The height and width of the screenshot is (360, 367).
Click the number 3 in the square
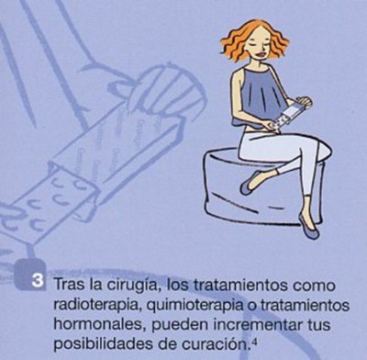38,281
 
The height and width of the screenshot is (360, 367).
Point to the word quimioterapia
194,306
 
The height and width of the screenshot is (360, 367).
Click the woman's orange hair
254,39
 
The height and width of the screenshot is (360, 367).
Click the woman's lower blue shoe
309,227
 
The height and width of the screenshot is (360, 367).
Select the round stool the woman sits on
263,187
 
